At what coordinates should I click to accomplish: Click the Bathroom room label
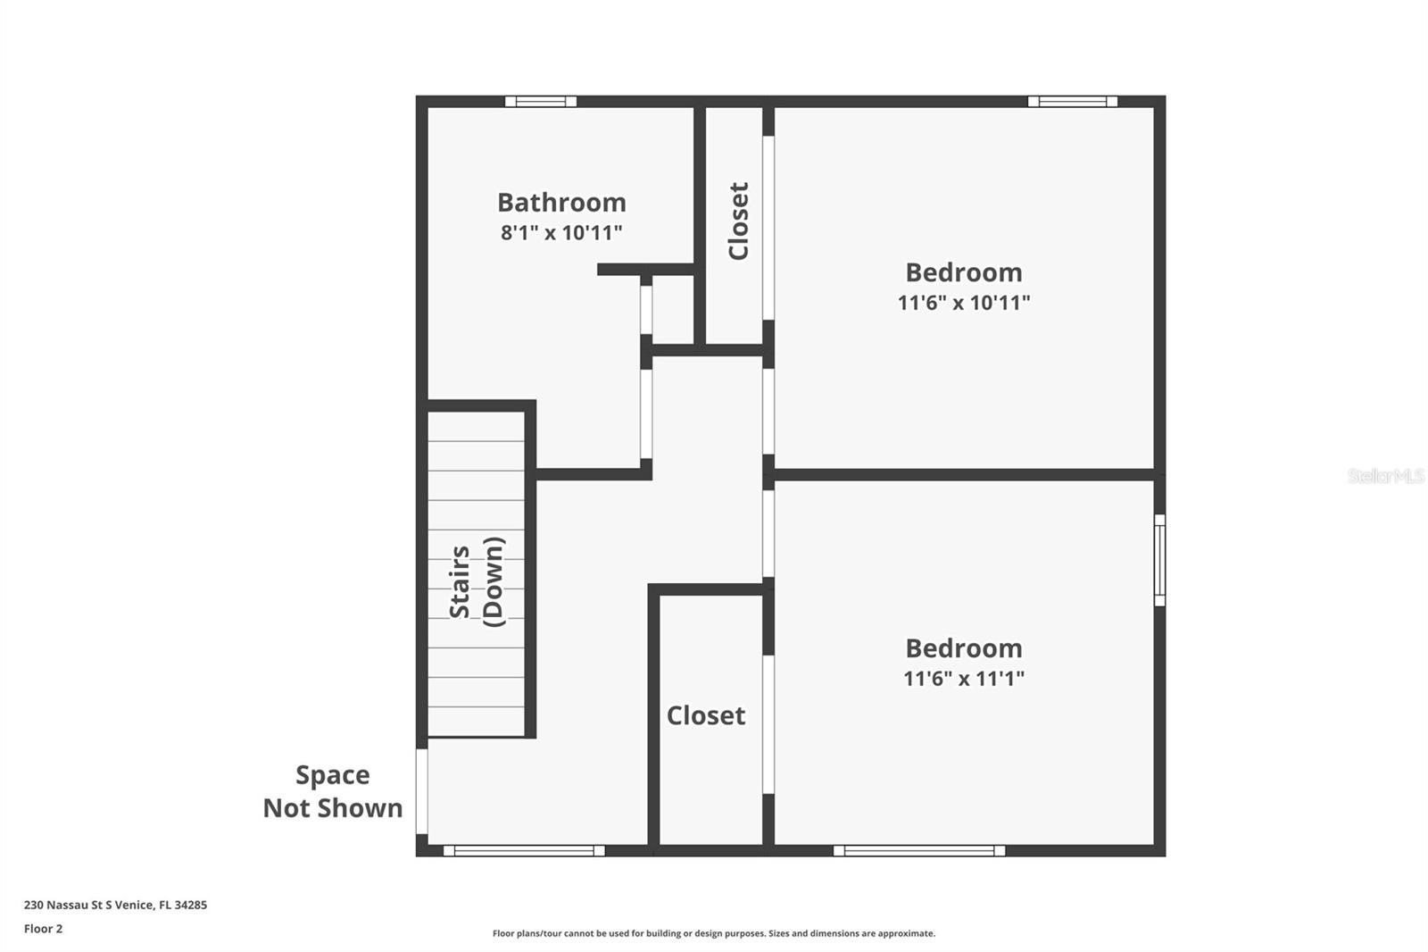tap(561, 203)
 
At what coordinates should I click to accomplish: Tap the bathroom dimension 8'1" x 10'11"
tap(561, 233)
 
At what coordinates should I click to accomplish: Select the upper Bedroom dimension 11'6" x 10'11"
tap(964, 303)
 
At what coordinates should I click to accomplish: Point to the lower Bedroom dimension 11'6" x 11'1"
tap(964, 679)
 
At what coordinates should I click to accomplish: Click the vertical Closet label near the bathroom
tap(738, 221)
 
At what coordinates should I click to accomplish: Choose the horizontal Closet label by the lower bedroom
tap(706, 715)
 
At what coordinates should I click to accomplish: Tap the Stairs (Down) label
tap(477, 581)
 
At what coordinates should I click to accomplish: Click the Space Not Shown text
tap(332, 791)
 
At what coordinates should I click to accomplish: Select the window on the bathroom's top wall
tap(541, 101)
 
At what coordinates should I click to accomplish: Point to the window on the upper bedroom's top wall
tap(1072, 101)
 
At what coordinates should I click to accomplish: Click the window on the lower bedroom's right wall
tap(1159, 560)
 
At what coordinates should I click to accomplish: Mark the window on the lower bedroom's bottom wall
tap(919, 850)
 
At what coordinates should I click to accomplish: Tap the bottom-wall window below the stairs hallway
tap(524, 850)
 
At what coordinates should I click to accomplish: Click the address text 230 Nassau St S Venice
tap(115, 905)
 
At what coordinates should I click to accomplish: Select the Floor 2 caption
tap(43, 929)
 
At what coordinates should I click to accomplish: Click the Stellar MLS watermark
tap(1385, 476)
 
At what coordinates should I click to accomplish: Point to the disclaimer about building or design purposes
tap(714, 933)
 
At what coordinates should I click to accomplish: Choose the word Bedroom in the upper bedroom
tap(964, 272)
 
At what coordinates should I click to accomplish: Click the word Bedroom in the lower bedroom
tap(964, 648)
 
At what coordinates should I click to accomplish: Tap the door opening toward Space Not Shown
tap(422, 791)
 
